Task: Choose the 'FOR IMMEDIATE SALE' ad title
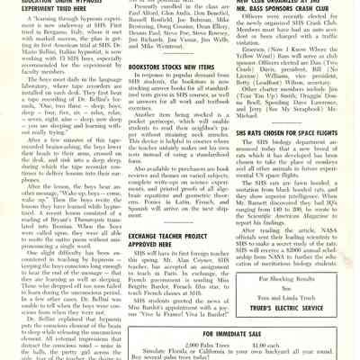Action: [x=238, y=334]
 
